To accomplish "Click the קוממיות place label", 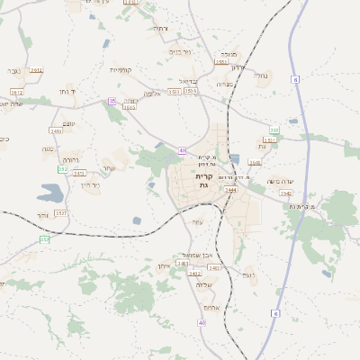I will pos(121,70).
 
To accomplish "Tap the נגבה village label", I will pos(13,69).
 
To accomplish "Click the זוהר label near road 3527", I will pos(44,214).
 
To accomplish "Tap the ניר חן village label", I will pos(90,185).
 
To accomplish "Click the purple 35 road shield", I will pos(112,102).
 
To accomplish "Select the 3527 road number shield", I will pos(61,213).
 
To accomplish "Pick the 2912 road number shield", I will pos(36,69).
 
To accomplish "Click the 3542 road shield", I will pos(285,193).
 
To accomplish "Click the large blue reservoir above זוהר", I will pos(50,192).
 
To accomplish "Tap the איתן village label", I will pos(164,267).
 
